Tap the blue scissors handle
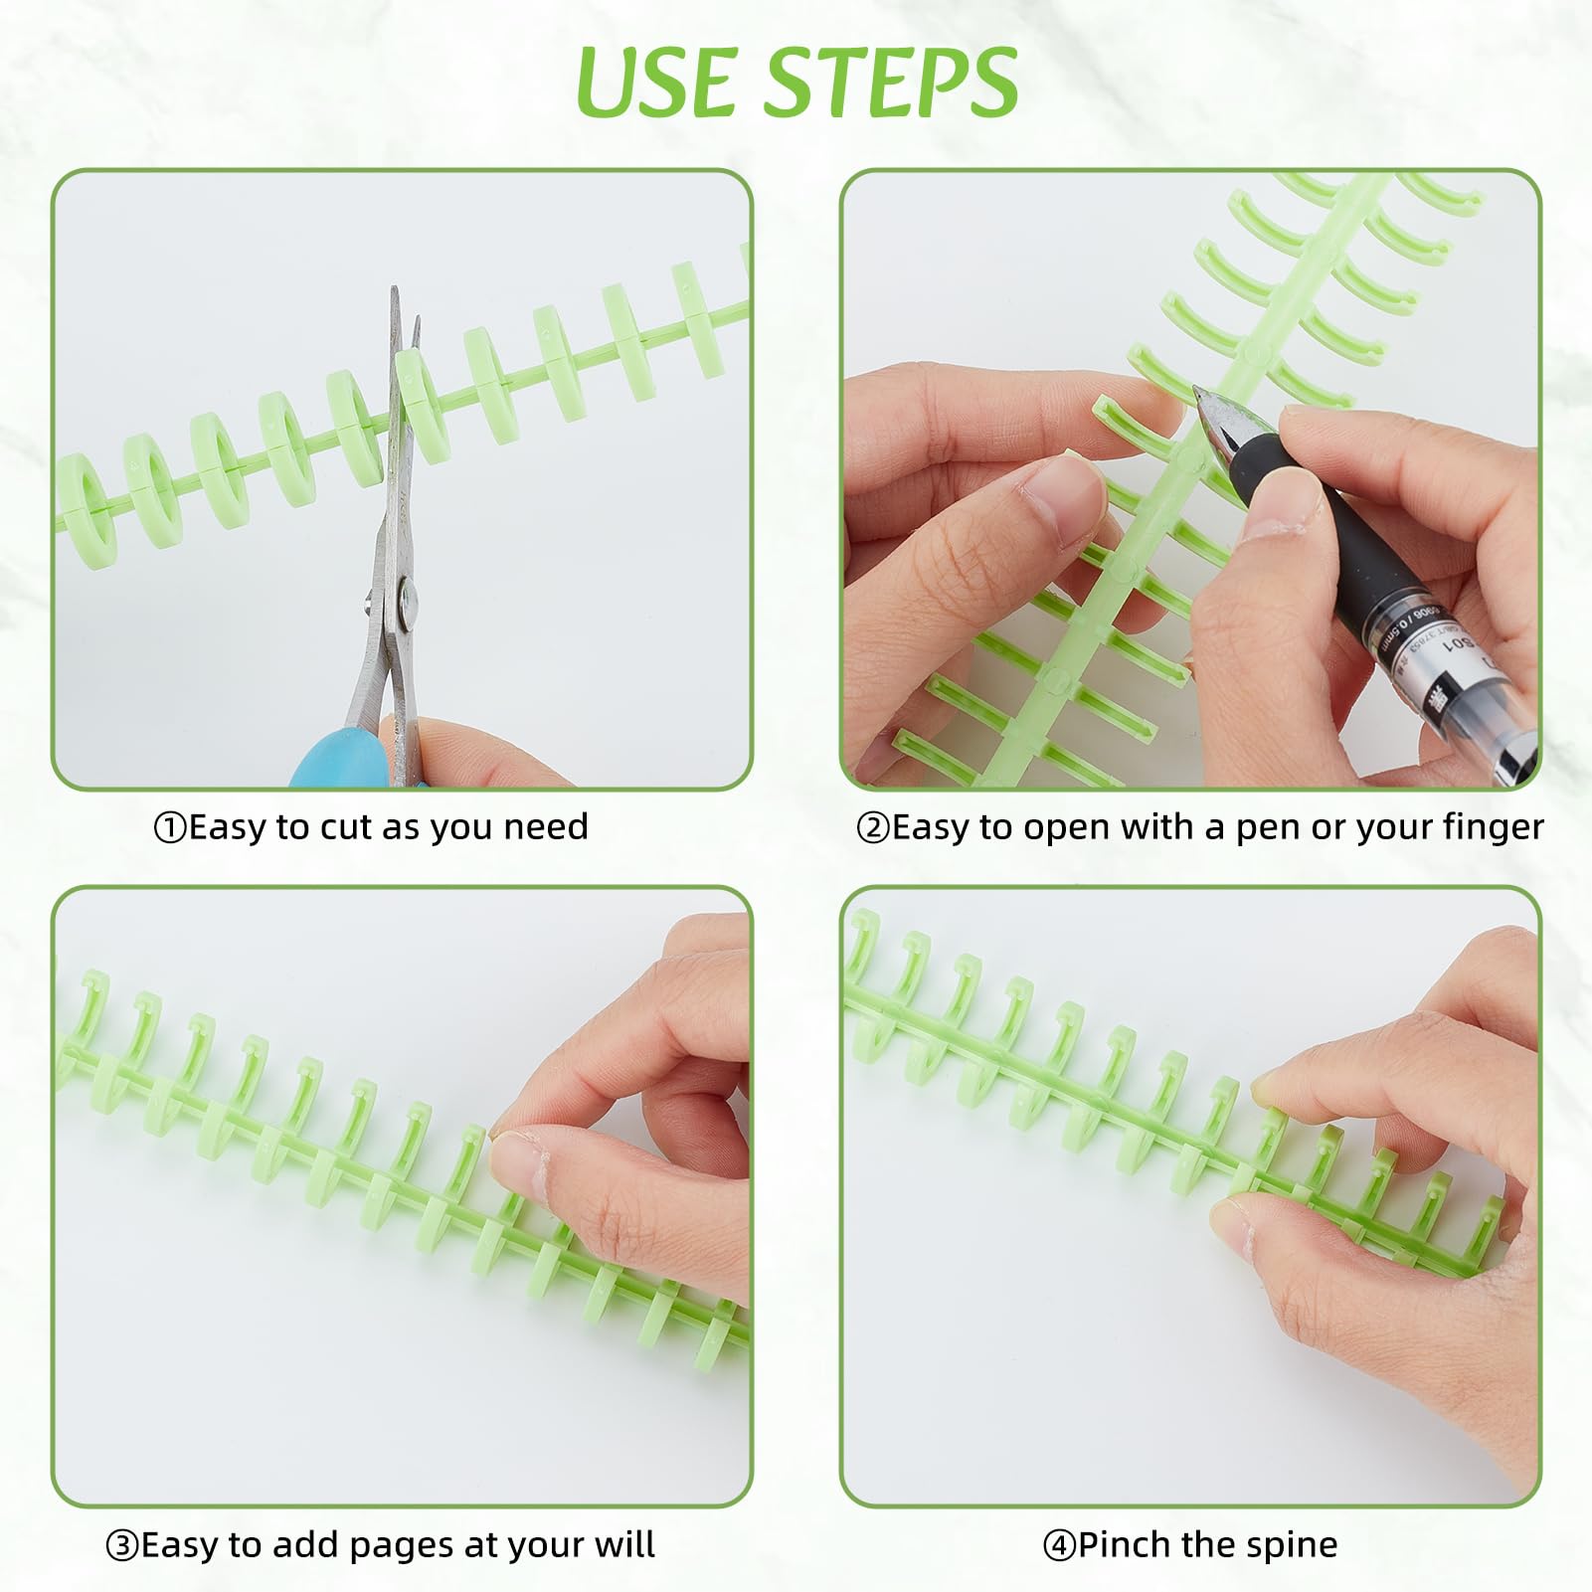coord(338,757)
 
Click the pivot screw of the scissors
coord(408,597)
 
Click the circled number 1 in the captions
coord(170,828)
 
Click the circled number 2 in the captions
coord(873,828)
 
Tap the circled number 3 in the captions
coord(122,1546)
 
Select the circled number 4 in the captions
coord(1059,1546)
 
